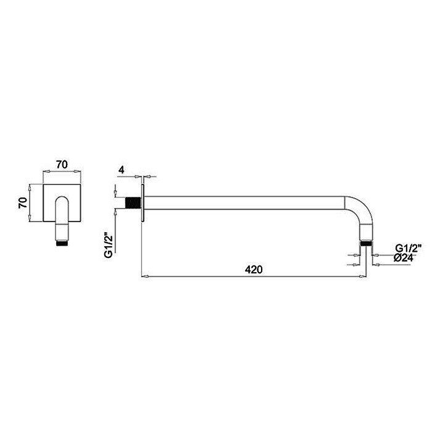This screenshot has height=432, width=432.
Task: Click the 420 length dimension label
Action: coord(254,270)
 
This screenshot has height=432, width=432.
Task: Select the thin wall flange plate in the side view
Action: coord(143,202)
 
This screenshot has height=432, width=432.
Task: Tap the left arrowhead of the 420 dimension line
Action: coord(144,276)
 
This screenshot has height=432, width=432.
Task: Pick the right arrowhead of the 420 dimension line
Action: coord(367,276)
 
